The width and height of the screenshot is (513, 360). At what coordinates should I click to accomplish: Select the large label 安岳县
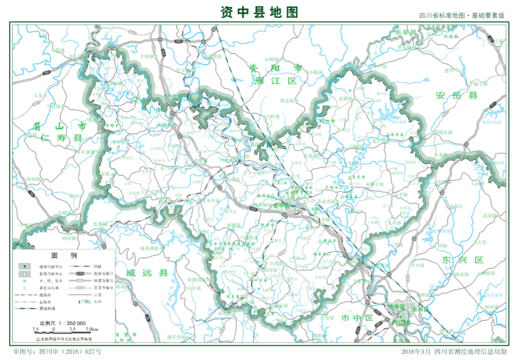click(x=457, y=95)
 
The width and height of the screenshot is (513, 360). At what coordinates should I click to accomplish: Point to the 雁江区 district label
click(x=276, y=81)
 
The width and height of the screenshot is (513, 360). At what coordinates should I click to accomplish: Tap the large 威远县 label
click(x=147, y=273)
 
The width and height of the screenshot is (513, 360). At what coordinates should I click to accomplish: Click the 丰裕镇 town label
click(x=148, y=55)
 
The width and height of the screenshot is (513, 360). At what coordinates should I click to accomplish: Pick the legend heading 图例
click(x=64, y=255)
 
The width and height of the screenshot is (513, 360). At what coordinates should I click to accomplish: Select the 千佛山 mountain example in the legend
click(x=85, y=301)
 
